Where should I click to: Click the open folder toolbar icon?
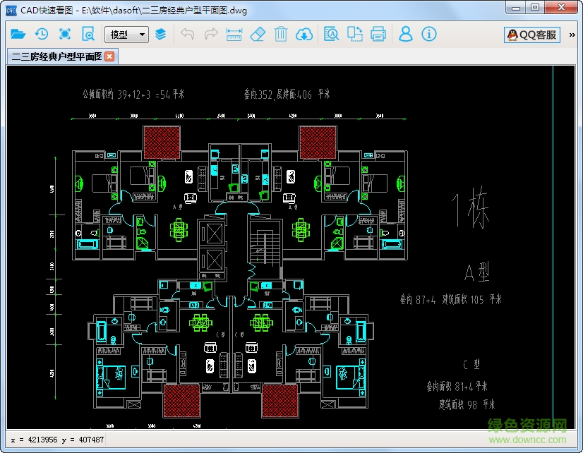(x=18, y=34)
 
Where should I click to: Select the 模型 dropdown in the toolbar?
(x=126, y=34)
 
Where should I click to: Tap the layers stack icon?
(x=161, y=34)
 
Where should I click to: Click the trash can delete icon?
(x=280, y=34)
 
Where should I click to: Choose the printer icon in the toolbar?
(x=378, y=34)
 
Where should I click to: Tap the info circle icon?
(x=429, y=34)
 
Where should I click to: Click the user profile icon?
(x=405, y=34)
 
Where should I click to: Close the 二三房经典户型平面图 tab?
(x=109, y=56)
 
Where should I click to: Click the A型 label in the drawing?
(x=477, y=272)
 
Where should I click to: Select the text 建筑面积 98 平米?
(x=467, y=404)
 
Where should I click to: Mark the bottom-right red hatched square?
(x=279, y=399)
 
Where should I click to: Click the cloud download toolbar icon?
(x=304, y=34)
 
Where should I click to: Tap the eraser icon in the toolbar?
(x=257, y=34)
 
